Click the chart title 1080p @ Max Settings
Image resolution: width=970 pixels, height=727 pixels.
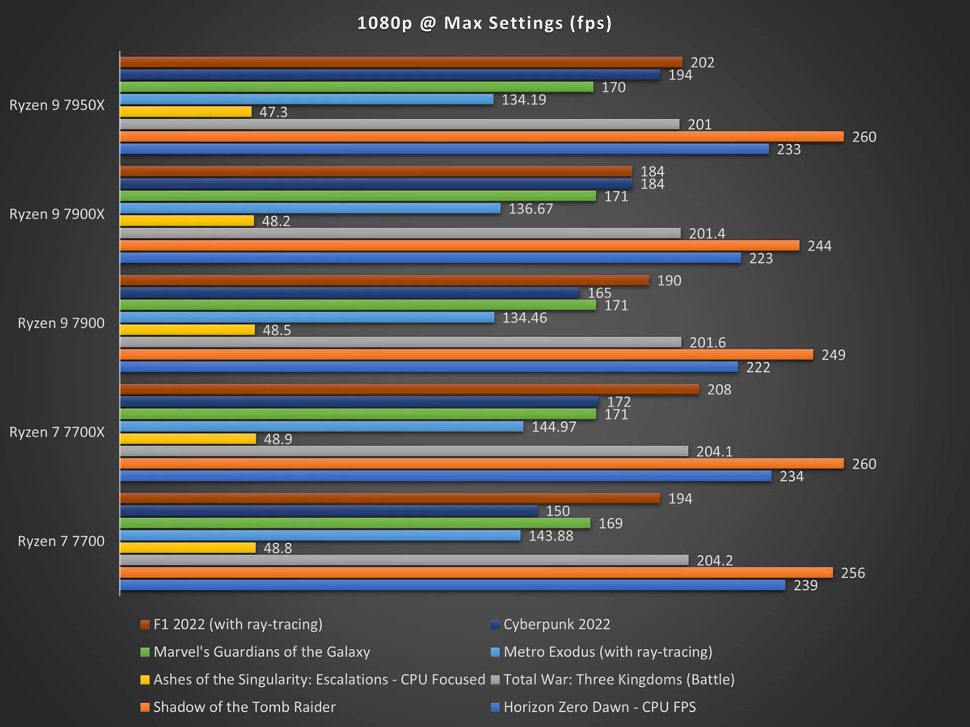tap(484, 23)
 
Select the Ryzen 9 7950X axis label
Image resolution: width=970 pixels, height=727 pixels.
tap(57, 105)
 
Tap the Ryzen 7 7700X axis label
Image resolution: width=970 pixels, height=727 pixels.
tap(57, 432)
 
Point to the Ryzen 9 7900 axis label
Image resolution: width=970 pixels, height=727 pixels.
tap(61, 323)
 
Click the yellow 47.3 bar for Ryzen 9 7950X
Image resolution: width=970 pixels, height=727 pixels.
tap(185, 112)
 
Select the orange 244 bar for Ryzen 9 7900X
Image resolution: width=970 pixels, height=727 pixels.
tap(460, 246)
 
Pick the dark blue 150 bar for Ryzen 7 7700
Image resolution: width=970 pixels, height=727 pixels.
tap(329, 511)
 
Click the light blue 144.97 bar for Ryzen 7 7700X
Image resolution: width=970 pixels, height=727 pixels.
tap(322, 427)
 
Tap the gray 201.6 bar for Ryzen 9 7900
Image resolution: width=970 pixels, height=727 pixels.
tap(401, 342)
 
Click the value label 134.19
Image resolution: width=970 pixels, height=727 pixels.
tap(524, 99)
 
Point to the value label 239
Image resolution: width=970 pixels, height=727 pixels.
tap(805, 585)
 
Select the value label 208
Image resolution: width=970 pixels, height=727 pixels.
tap(719, 389)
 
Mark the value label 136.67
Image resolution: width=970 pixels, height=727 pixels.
tap(530, 209)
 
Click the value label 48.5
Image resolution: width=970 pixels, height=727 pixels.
tap(277, 330)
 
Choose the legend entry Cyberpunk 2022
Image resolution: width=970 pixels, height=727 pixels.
tap(556, 625)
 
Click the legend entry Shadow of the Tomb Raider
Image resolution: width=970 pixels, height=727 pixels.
tap(244, 707)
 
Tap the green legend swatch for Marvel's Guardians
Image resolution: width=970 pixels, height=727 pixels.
tap(145, 652)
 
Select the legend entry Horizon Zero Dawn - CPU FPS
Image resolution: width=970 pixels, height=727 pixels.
tap(599, 707)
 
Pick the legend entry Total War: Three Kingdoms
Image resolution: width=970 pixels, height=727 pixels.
tap(619, 680)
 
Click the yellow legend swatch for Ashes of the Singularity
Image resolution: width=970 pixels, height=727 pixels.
tap(145, 680)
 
